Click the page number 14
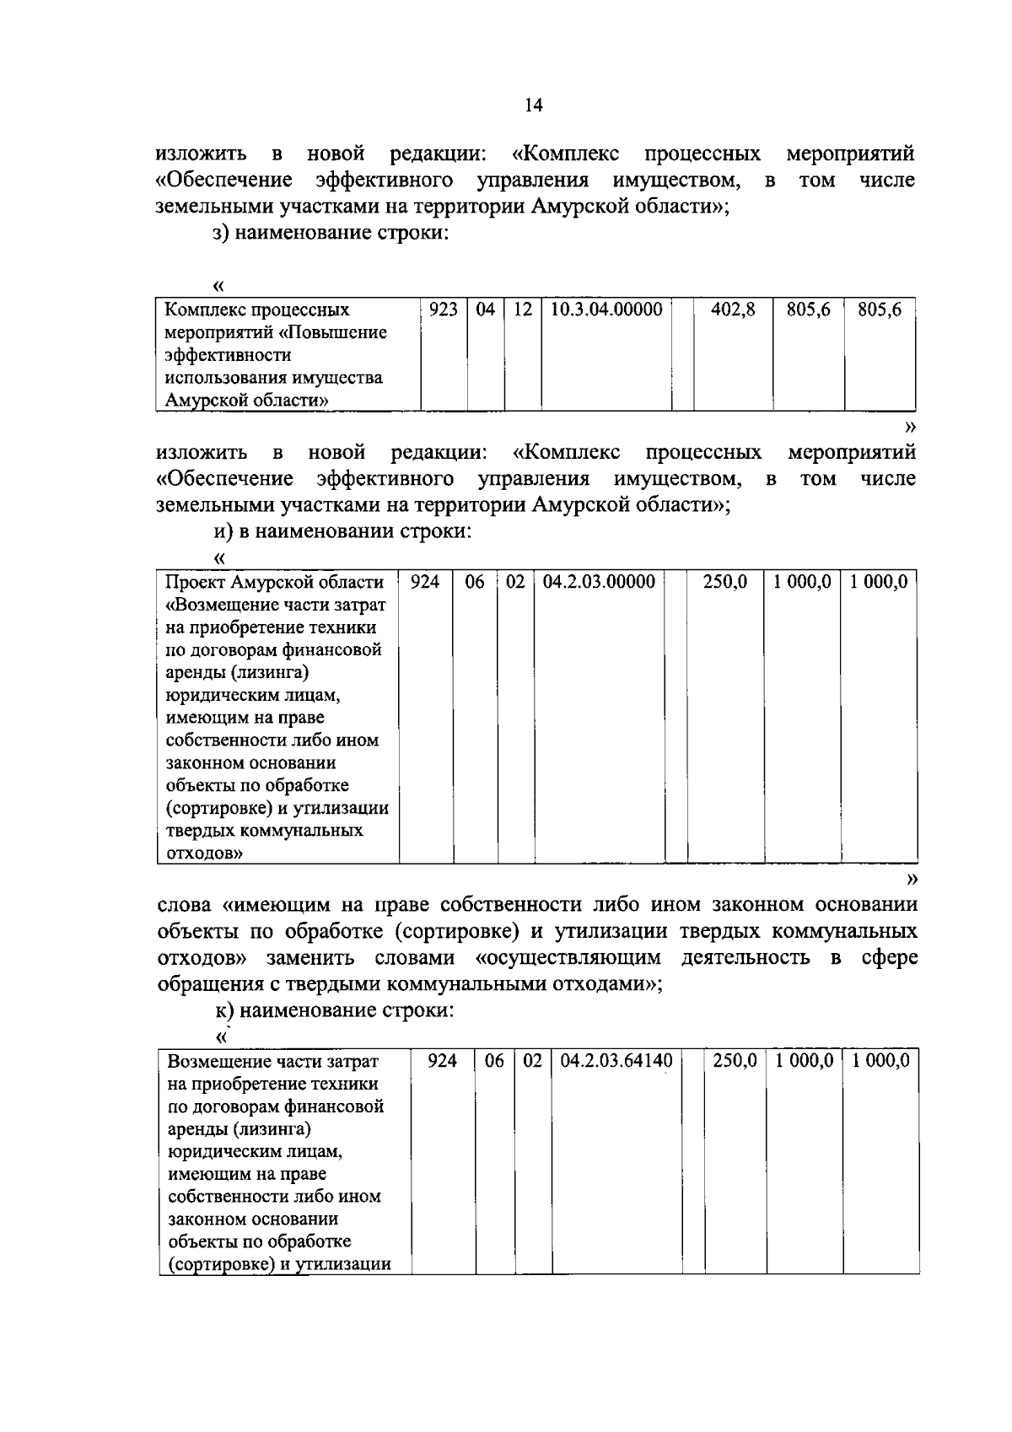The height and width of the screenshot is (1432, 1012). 533,105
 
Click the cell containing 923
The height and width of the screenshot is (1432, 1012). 443,310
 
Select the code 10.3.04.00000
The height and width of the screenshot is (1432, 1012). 606,310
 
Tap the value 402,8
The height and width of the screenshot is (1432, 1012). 733,310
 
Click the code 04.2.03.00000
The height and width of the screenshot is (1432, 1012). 599,582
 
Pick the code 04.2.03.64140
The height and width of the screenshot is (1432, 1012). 616,1061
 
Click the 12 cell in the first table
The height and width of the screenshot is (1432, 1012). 523,310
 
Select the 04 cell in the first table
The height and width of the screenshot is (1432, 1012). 485,310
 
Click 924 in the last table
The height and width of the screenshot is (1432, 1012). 442,1061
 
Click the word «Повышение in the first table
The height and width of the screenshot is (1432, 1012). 333,332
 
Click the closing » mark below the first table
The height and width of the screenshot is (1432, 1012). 910,428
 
